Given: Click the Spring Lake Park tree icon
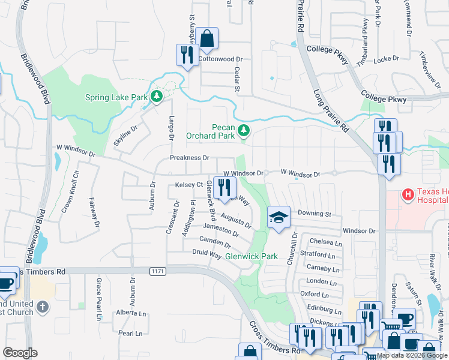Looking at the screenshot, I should pyautogui.click(x=156, y=96).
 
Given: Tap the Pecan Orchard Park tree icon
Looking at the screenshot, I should pyautogui.click(x=243, y=130).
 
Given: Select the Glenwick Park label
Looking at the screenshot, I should pyautogui.click(x=251, y=256).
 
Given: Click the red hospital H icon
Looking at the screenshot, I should pyautogui.click(x=408, y=194).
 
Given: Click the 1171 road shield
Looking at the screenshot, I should pyautogui.click(x=157, y=272).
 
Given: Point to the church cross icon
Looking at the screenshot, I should pyautogui.click(x=42, y=307).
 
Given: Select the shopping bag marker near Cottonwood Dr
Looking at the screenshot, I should pyautogui.click(x=206, y=38).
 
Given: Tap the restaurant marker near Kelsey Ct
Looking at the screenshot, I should pyautogui.click(x=224, y=187).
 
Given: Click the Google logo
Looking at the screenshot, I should pyautogui.click(x=20, y=353).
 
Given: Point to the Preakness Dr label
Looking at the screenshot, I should pyautogui.click(x=189, y=158).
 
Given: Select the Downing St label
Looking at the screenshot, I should pyautogui.click(x=315, y=214).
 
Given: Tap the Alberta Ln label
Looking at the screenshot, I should pyautogui.click(x=131, y=313).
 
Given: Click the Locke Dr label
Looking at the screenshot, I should pyautogui.click(x=387, y=59).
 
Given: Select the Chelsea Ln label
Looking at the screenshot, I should pyautogui.click(x=325, y=241).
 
